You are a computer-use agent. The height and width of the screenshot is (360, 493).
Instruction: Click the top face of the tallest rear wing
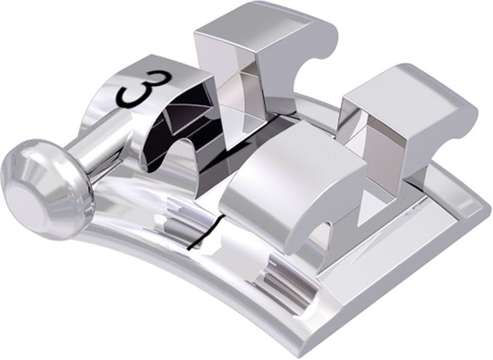258,23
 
